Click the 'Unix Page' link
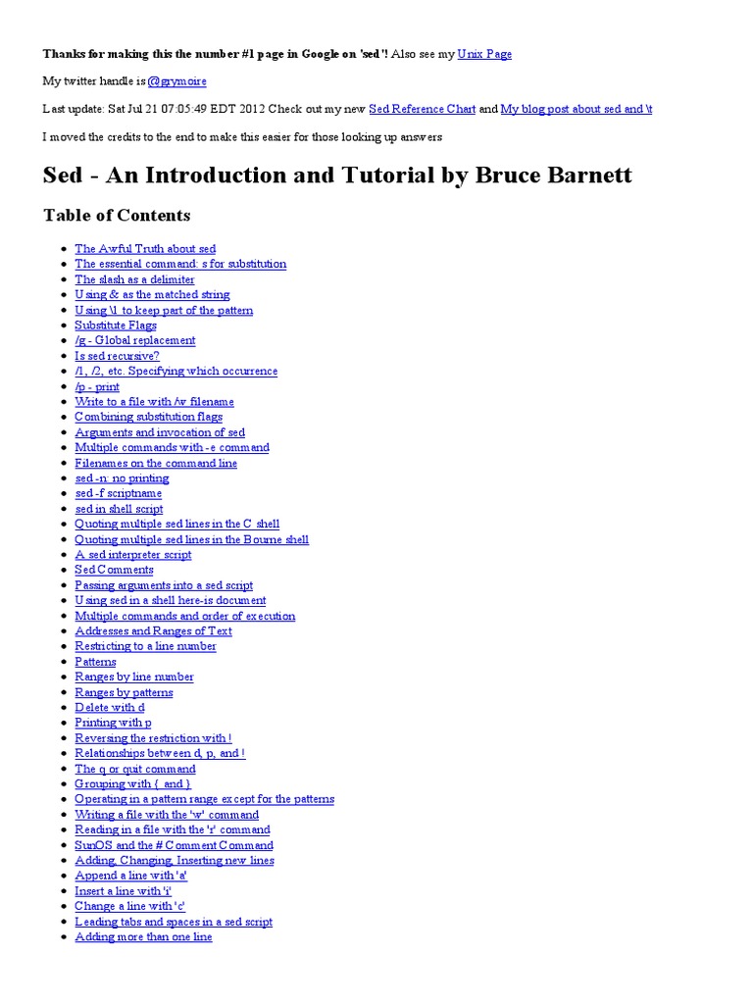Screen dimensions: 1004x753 pyautogui.click(x=484, y=54)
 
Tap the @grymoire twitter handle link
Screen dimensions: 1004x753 pyautogui.click(x=176, y=81)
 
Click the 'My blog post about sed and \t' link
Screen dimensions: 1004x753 pyautogui.click(x=577, y=109)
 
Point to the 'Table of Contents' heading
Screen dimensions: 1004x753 pyautogui.click(x=117, y=215)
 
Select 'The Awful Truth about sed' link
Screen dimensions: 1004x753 pyautogui.click(x=145, y=249)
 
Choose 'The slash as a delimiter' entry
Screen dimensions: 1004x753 pyautogui.click(x=134, y=279)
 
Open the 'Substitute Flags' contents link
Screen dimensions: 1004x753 pyautogui.click(x=116, y=326)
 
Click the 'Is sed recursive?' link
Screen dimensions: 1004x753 pyautogui.click(x=117, y=356)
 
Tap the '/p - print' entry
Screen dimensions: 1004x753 pyautogui.click(x=97, y=386)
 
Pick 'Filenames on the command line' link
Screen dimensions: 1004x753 pyautogui.click(x=156, y=463)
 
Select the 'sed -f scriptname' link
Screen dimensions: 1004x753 pyautogui.click(x=118, y=493)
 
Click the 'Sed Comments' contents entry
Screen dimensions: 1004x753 pyautogui.click(x=114, y=570)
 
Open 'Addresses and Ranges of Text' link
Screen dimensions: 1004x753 pyautogui.click(x=153, y=631)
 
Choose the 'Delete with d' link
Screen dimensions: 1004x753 pyautogui.click(x=110, y=708)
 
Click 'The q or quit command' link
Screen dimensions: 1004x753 pyautogui.click(x=135, y=769)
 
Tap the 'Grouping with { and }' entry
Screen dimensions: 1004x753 pyautogui.click(x=133, y=784)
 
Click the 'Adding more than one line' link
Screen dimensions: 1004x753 pyautogui.click(x=143, y=937)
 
